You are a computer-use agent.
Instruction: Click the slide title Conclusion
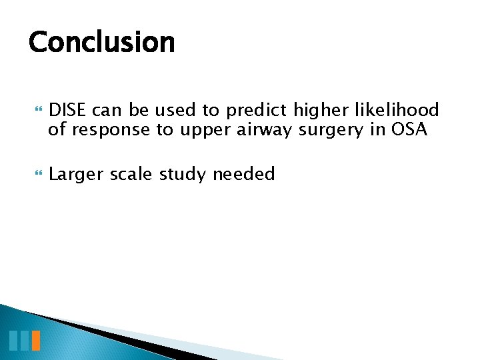click(101, 42)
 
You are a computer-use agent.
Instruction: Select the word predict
click(257, 110)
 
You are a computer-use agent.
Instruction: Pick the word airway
click(264, 129)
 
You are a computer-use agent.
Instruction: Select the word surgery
click(330, 129)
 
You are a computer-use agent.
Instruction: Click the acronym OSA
click(409, 129)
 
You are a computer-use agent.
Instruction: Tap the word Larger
click(75, 175)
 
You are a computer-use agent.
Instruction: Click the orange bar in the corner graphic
click(36, 341)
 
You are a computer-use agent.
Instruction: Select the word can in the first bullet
click(109, 110)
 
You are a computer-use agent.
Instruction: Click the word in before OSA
click(377, 129)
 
